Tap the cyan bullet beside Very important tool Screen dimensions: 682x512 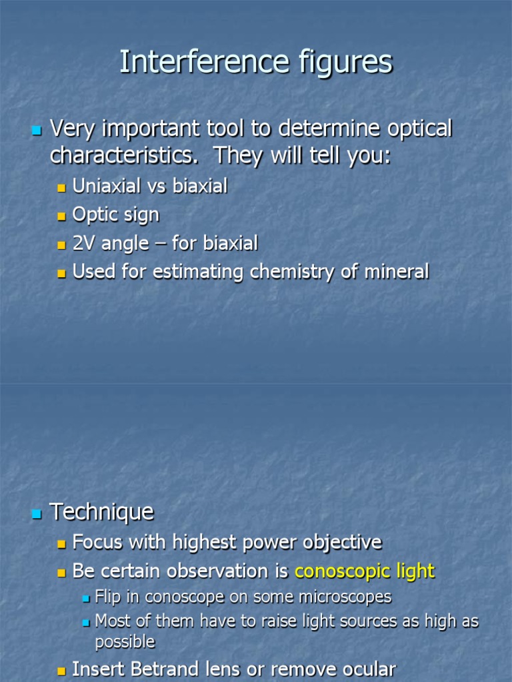coord(37,129)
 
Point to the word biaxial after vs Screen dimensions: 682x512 coord(200,186)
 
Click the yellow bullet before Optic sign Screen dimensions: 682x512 coord(62,216)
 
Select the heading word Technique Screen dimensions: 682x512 coord(102,511)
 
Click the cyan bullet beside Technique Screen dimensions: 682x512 coord(37,513)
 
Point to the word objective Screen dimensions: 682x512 coord(342,543)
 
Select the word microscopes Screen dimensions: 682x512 coord(347,597)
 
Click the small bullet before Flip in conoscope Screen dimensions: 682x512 coord(85,598)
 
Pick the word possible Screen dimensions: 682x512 coord(125,642)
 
